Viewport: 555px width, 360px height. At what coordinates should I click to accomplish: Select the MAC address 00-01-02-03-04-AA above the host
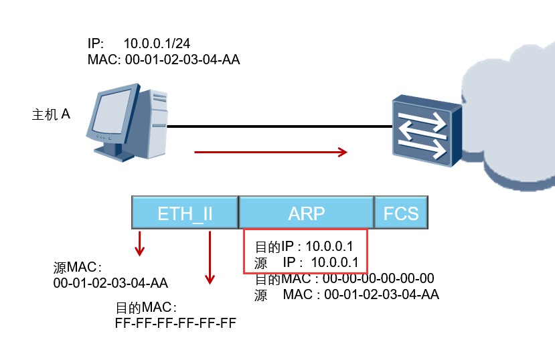pyautogui.click(x=181, y=60)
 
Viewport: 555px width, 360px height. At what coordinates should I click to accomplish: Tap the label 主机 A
pyautogui.click(x=52, y=114)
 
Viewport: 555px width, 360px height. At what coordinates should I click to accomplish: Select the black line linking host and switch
pyautogui.click(x=281, y=125)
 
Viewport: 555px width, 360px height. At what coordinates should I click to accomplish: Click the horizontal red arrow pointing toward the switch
pyautogui.click(x=270, y=153)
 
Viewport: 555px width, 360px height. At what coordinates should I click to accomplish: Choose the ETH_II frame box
pyautogui.click(x=185, y=213)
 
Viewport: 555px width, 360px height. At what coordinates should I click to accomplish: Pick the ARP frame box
pyautogui.click(x=306, y=213)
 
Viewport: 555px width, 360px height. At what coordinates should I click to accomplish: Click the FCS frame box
pyautogui.click(x=400, y=213)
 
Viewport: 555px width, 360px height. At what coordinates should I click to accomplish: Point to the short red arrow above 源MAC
pyautogui.click(x=139, y=244)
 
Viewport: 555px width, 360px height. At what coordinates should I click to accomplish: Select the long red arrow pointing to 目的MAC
pyautogui.click(x=210, y=257)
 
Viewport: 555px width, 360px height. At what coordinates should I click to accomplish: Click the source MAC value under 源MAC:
pyautogui.click(x=110, y=282)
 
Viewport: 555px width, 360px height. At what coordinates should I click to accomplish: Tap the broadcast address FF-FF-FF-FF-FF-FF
pyautogui.click(x=176, y=324)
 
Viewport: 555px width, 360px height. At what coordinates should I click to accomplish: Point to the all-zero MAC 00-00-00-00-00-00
pyautogui.click(x=378, y=278)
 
